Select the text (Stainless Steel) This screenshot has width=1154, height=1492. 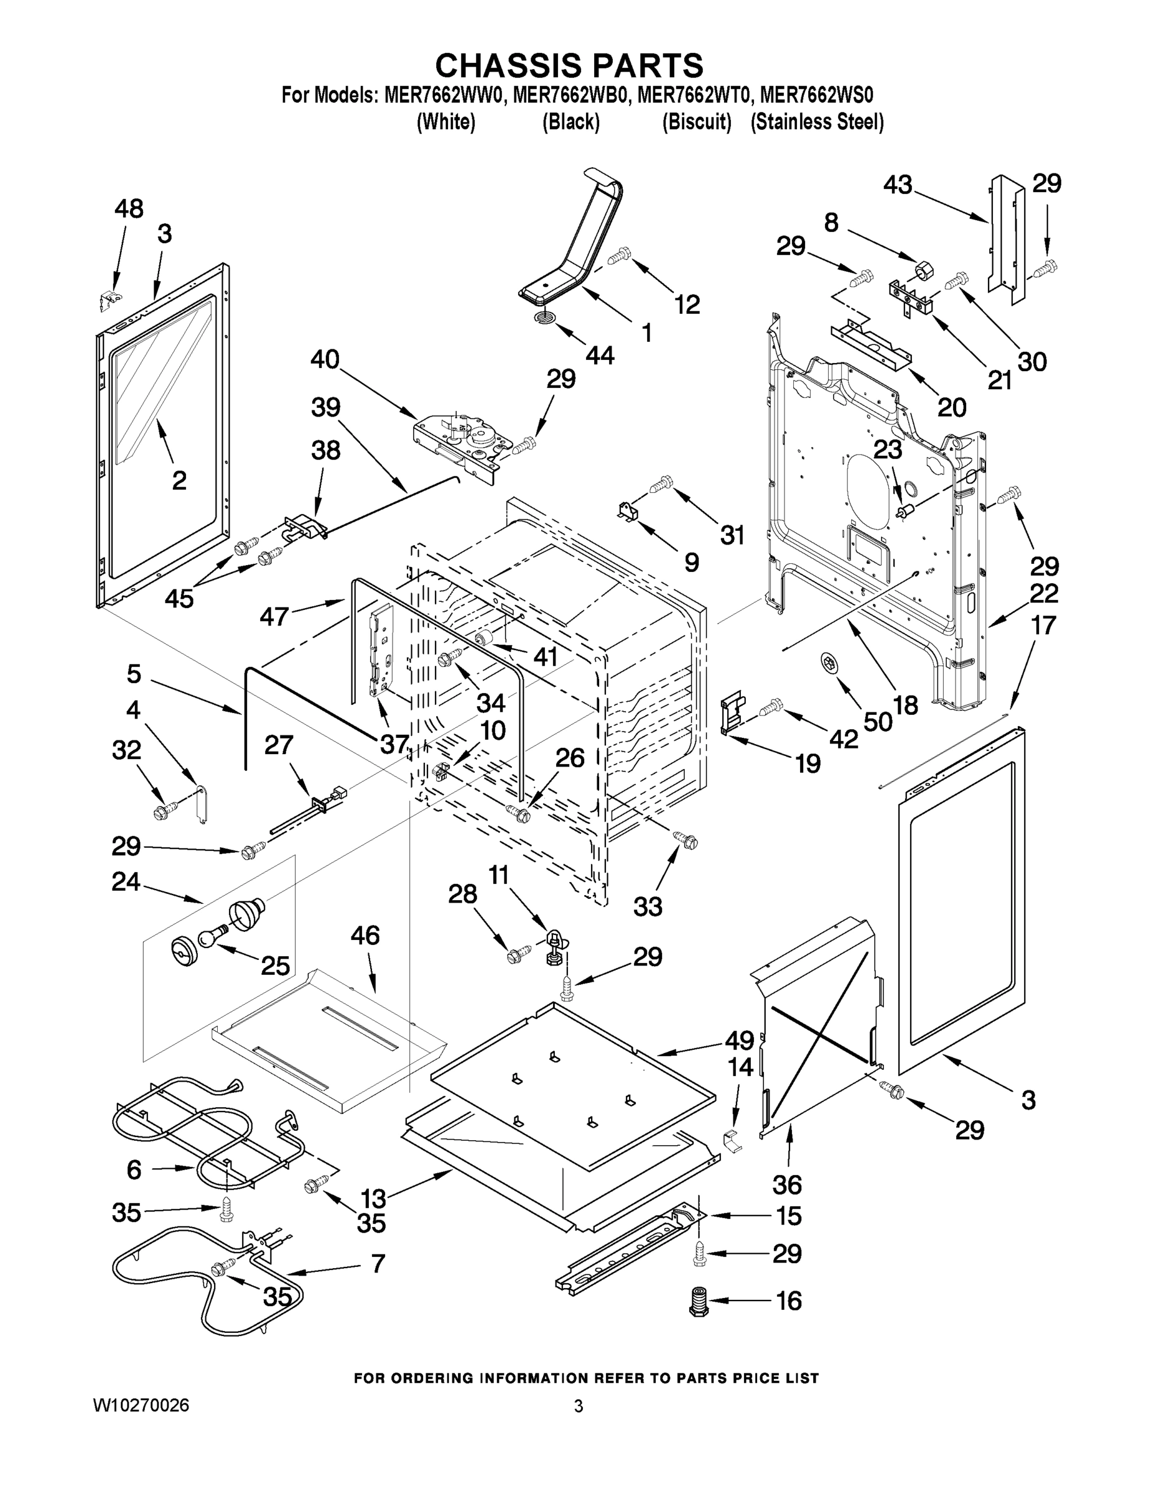(x=816, y=122)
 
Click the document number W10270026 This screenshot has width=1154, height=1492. (x=141, y=1405)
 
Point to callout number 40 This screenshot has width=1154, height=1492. (x=325, y=359)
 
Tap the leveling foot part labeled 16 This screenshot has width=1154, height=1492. (x=698, y=1301)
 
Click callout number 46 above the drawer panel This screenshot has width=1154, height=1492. (x=365, y=935)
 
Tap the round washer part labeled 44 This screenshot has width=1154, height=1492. (x=545, y=319)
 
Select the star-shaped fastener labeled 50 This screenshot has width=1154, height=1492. (x=828, y=662)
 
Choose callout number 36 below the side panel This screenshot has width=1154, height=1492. (x=787, y=1184)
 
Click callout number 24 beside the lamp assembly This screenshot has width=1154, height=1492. (x=126, y=882)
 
